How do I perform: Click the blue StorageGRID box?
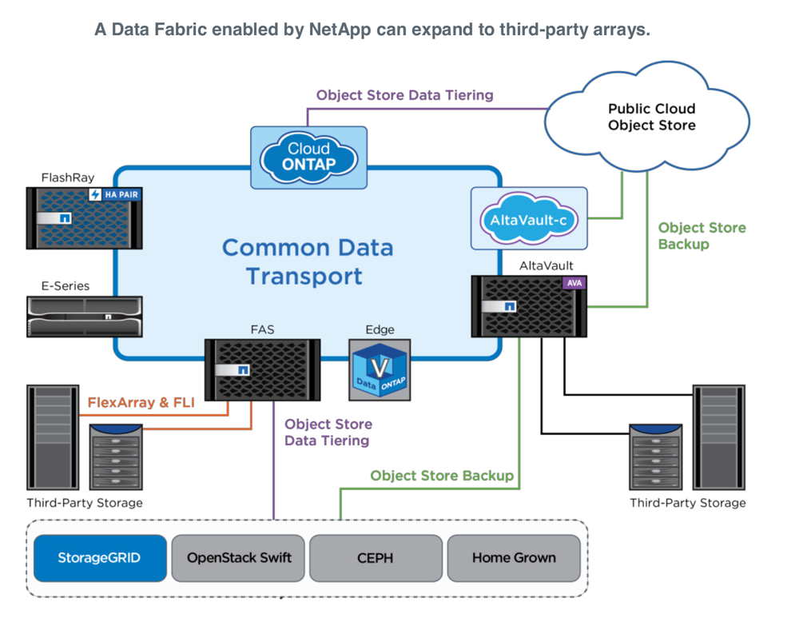[99, 558]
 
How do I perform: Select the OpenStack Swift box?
[238, 558]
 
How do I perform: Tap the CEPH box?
[376, 558]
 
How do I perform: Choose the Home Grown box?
[514, 558]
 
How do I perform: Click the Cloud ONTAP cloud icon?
[308, 157]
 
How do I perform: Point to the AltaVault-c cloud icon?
[528, 218]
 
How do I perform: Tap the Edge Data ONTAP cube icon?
[380, 369]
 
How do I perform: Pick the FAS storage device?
[262, 369]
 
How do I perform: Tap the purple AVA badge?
[574, 283]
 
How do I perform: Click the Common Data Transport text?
[308, 261]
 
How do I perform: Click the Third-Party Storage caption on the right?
[687, 503]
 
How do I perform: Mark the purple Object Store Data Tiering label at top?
[404, 95]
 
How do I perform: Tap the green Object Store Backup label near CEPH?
[441, 476]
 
